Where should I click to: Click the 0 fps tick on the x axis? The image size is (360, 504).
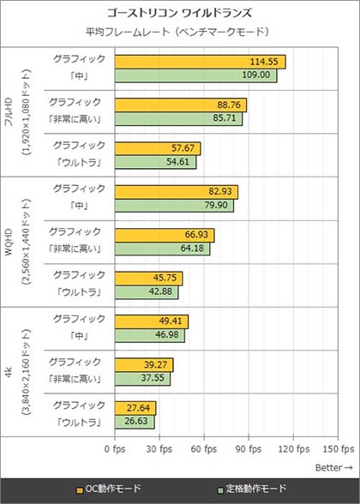coord(112,449)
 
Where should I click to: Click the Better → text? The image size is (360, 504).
coord(333,468)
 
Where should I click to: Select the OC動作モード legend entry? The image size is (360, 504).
coord(110,490)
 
